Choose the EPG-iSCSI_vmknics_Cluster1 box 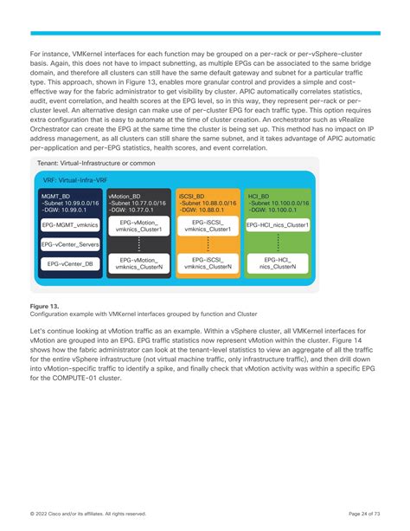[208, 226]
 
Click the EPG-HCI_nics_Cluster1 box [277, 224]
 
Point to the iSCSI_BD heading [192, 197]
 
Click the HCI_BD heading [258, 197]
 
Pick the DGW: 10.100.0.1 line [276, 210]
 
